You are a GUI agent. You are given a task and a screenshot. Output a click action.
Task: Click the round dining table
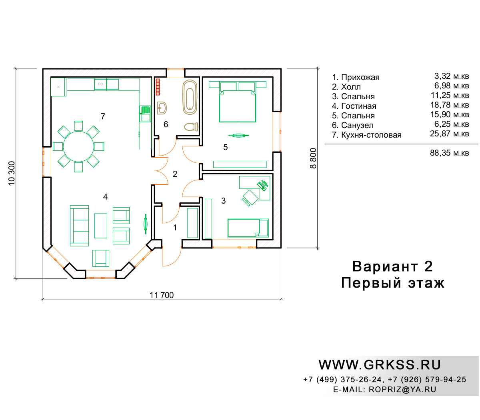(x=78, y=146)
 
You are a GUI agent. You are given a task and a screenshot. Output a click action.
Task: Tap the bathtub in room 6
(x=190, y=97)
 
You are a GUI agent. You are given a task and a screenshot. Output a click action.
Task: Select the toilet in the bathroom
(x=191, y=127)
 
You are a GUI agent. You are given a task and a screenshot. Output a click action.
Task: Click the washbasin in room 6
(x=162, y=108)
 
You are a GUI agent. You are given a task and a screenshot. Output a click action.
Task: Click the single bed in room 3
(x=248, y=228)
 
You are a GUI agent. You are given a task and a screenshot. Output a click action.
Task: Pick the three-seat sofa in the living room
(x=79, y=226)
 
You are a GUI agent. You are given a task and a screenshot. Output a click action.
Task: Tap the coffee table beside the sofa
(x=101, y=226)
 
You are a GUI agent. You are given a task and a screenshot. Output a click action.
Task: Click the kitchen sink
(x=145, y=114)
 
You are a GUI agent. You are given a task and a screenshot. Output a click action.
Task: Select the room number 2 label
(x=175, y=174)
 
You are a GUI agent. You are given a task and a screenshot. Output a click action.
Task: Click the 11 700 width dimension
(x=162, y=295)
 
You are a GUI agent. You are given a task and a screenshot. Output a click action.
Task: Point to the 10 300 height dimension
(x=12, y=173)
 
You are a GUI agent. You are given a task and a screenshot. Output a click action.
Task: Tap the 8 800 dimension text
(x=313, y=158)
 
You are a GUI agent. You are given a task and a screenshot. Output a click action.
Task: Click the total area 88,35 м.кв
(x=449, y=153)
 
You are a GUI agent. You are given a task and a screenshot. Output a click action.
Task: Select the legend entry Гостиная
(x=358, y=106)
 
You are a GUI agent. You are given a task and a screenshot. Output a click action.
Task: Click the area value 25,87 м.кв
(x=449, y=134)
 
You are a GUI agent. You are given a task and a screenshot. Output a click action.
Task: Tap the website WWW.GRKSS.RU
(x=380, y=365)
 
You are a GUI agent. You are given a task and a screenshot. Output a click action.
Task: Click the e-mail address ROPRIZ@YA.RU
(x=402, y=389)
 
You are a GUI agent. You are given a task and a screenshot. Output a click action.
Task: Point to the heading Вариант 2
(x=392, y=266)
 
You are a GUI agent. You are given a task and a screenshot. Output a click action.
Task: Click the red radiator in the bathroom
(x=158, y=87)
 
